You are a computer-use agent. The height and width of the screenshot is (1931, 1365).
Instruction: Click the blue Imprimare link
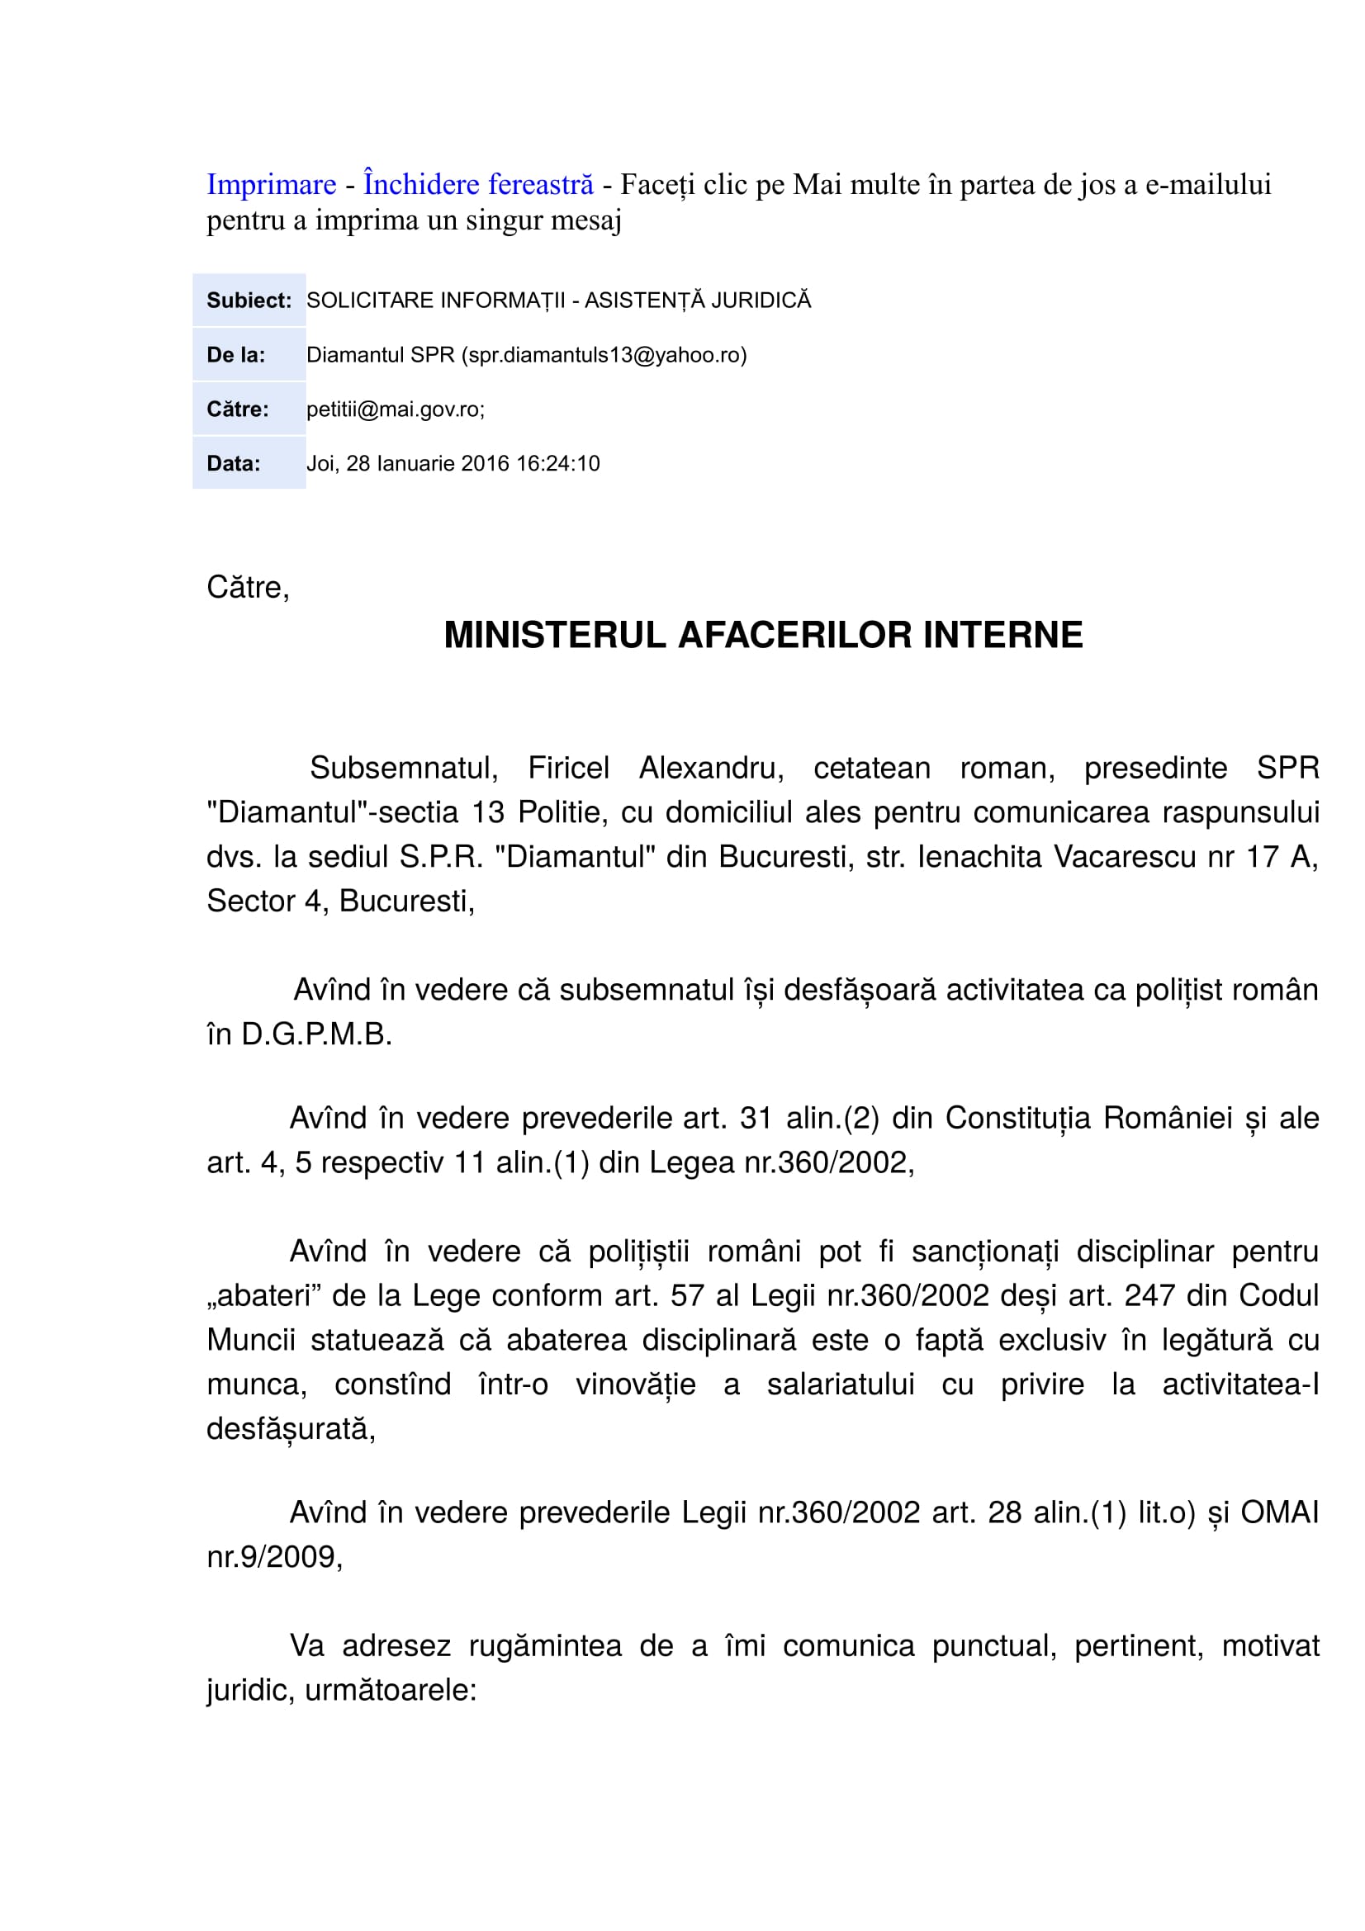[x=271, y=184]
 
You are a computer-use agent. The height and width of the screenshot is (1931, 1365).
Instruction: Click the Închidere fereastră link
[x=477, y=184]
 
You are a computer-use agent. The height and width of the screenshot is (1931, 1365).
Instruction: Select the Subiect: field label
[x=249, y=301]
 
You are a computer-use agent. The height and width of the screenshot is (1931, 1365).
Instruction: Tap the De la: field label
[x=235, y=355]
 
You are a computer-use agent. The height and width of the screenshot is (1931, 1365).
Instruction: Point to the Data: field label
[x=233, y=463]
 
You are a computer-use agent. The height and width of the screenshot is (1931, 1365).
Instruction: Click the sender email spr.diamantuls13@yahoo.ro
[x=604, y=355]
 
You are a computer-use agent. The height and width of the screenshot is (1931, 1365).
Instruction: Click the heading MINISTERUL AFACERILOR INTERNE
[x=763, y=635]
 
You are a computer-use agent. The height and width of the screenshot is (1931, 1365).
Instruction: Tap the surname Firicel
[x=567, y=768]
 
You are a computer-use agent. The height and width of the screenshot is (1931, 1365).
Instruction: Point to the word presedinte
[x=1154, y=768]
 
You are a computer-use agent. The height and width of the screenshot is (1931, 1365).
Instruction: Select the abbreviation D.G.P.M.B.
[x=316, y=1034]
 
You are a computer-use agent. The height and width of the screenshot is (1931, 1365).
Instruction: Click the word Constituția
[x=1017, y=1118]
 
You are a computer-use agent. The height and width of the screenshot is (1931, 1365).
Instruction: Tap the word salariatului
[x=840, y=1384]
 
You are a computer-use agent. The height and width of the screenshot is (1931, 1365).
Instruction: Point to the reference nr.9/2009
[x=274, y=1557]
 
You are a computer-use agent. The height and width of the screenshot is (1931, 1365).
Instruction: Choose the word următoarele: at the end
[x=391, y=1690]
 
